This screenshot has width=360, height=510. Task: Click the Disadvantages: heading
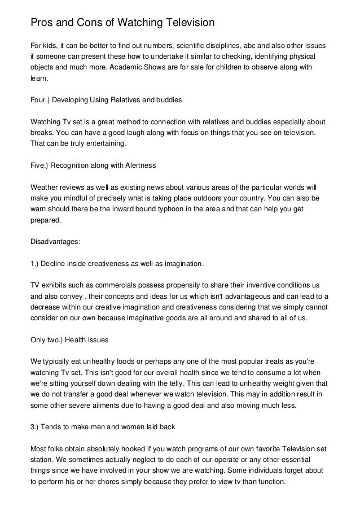click(x=56, y=242)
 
